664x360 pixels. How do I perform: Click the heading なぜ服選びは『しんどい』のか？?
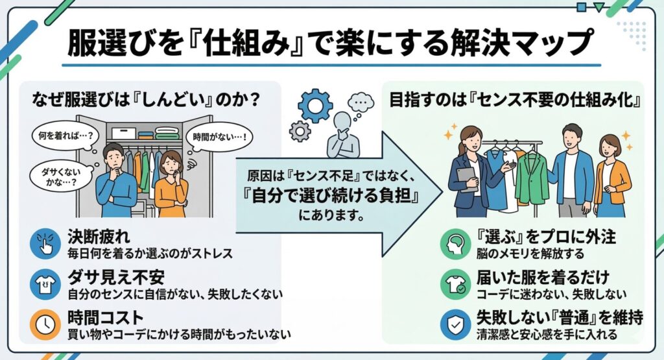[x=146, y=100]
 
